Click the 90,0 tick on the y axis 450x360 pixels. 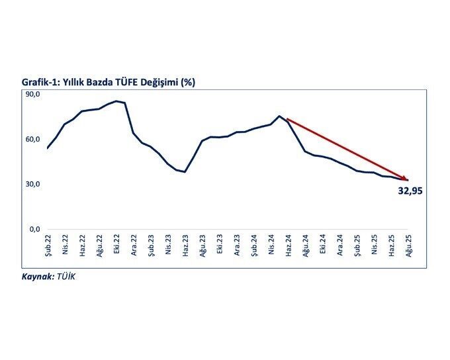click(32, 95)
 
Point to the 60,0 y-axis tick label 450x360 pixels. click(32, 140)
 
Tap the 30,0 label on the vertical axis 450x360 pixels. click(32, 184)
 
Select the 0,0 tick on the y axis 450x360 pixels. click(34, 229)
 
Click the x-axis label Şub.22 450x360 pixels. click(48, 246)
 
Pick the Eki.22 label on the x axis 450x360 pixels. click(116, 246)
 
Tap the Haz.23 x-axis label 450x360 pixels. click(185, 246)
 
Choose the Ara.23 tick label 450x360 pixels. click(237, 246)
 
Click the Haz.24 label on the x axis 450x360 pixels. click(288, 246)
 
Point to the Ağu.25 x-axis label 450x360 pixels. click(408, 246)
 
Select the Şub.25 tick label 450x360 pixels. click(357, 246)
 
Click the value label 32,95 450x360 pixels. click(410, 191)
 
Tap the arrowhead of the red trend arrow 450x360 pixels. click(406, 179)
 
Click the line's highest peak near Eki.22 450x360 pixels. click(116, 101)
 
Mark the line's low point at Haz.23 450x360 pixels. click(185, 172)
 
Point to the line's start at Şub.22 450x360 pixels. click(48, 148)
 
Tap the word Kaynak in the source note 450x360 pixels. click(37, 277)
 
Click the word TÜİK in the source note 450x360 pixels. click(66, 277)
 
